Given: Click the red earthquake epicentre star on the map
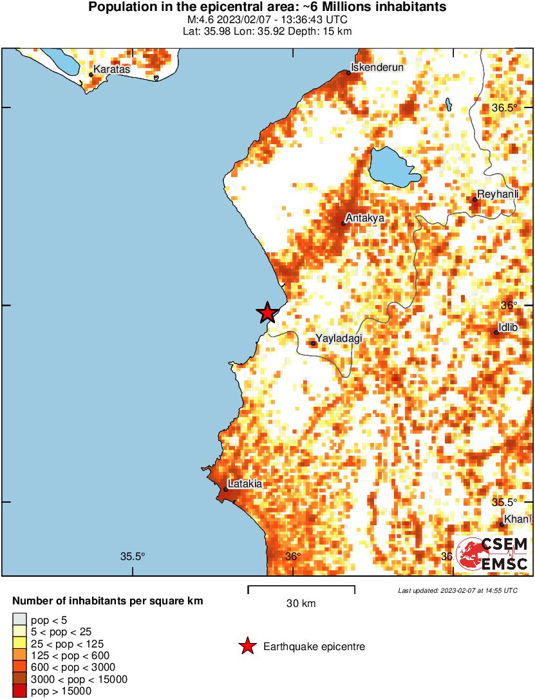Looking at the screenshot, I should (x=267, y=313).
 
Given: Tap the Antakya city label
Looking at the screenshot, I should (x=365, y=218).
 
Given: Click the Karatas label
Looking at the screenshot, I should (x=111, y=69).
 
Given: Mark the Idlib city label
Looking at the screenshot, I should (x=508, y=327).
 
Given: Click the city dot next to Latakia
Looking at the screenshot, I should (x=226, y=489).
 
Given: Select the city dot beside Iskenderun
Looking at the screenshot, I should (x=349, y=73).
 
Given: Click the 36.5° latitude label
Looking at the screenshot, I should (x=504, y=107).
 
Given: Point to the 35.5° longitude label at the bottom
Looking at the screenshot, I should (x=133, y=557).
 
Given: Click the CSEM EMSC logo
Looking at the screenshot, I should (x=493, y=554).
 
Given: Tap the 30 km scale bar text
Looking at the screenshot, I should (x=301, y=604).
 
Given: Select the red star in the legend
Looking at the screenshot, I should (x=247, y=646).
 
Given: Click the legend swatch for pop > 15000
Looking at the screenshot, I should (x=20, y=691).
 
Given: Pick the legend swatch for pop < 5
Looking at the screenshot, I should (x=20, y=619).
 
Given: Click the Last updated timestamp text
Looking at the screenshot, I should (x=457, y=590).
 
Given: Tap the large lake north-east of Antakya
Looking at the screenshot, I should (x=392, y=167).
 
